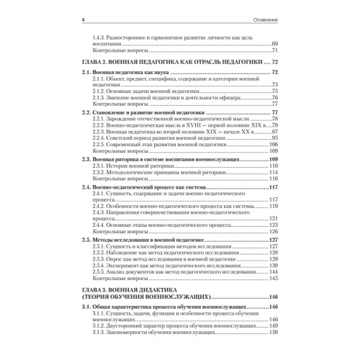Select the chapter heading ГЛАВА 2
[x=98, y=64]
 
